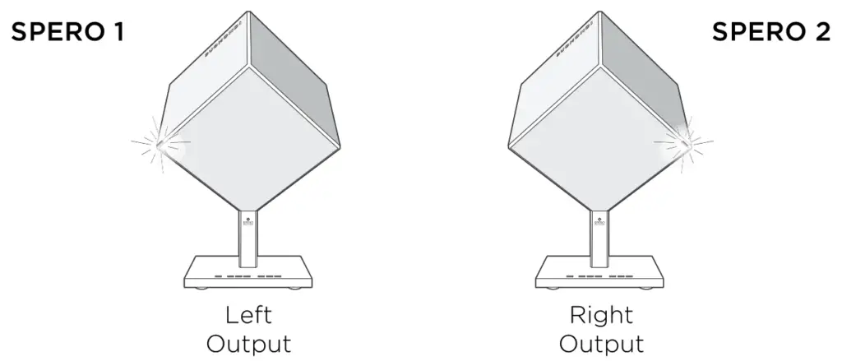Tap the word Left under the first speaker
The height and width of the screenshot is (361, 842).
click(x=250, y=316)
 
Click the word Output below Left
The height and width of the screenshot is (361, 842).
click(x=250, y=343)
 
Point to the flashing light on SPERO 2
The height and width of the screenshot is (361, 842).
click(x=682, y=142)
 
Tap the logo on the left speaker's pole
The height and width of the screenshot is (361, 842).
click(x=249, y=221)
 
